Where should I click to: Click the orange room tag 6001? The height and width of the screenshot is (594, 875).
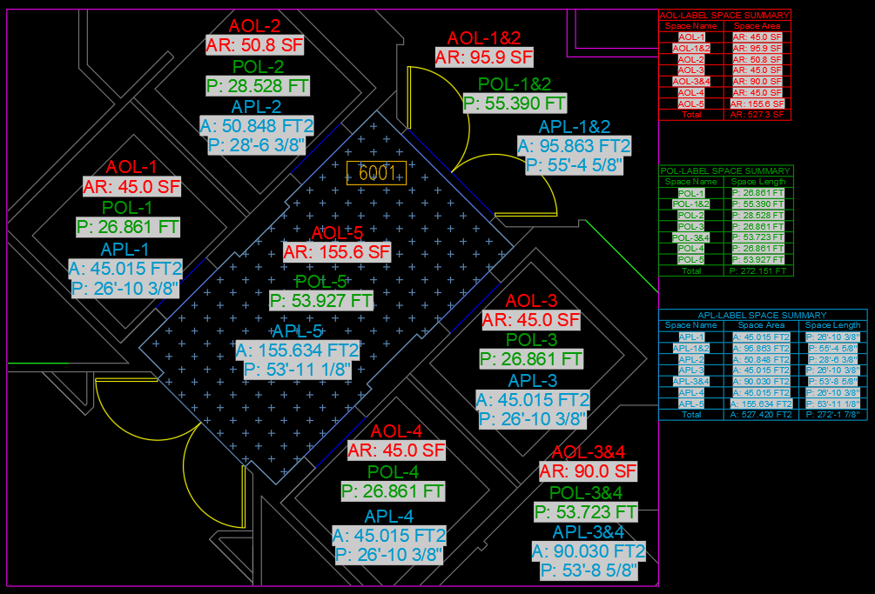[x=376, y=172]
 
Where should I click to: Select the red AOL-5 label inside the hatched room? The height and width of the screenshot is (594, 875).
[x=337, y=233]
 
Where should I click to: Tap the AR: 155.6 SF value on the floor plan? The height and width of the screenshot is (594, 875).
[x=336, y=252]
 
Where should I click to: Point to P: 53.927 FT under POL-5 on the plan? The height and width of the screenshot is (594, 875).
[x=321, y=301]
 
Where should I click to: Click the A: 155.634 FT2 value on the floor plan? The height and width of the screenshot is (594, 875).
[x=298, y=350]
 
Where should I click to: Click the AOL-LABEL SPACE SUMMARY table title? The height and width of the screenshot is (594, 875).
[x=724, y=15]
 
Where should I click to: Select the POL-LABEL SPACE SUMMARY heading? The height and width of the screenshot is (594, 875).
[x=725, y=170]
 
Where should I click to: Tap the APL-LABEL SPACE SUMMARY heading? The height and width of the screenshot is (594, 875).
[x=763, y=315]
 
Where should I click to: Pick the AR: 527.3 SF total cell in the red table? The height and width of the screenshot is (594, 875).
[x=757, y=114]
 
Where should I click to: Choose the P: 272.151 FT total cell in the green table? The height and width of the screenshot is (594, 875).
[x=757, y=270]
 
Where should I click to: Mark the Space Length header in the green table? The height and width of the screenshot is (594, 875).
[x=757, y=182]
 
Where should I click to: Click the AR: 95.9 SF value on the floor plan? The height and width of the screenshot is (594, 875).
[x=483, y=57]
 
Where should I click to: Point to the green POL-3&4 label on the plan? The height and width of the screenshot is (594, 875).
[x=587, y=493]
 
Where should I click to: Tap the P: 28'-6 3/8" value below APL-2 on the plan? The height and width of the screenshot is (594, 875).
[x=257, y=145]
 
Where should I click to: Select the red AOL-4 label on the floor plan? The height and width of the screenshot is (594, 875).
[x=396, y=431]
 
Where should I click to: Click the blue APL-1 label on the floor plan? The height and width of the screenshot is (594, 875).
[x=125, y=250]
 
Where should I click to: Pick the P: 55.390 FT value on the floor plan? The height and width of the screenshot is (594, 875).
[x=515, y=103]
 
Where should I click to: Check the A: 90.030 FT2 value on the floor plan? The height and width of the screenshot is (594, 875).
[x=589, y=551]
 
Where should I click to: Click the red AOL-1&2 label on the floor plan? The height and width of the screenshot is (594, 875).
[x=483, y=38]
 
